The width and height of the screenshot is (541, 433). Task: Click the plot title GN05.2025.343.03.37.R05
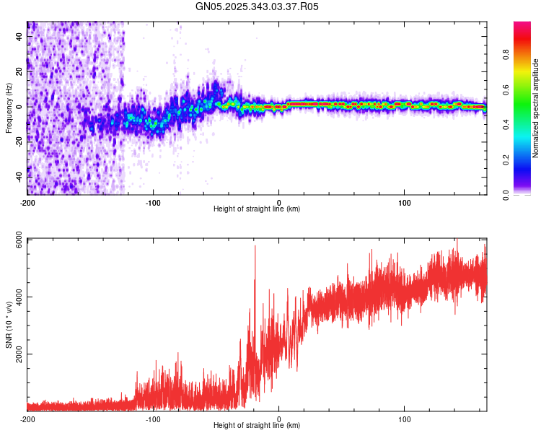[x=257, y=6]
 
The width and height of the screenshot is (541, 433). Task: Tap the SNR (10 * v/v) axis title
[x=9, y=325]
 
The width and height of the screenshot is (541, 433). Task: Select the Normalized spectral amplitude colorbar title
[x=535, y=108]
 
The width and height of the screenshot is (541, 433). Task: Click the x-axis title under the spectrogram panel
[x=257, y=209]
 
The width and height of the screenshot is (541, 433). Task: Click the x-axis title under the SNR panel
[x=257, y=425]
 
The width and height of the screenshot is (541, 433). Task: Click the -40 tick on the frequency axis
[x=19, y=177]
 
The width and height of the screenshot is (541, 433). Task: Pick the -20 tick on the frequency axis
[x=19, y=141]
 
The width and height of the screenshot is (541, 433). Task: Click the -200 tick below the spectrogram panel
[x=27, y=201]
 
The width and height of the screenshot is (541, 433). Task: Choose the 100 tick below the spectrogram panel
[x=405, y=201]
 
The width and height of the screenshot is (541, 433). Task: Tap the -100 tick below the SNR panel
[x=153, y=418]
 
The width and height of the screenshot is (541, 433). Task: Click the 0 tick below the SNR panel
[x=279, y=418]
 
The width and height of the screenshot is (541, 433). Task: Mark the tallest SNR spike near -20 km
[x=255, y=247]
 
